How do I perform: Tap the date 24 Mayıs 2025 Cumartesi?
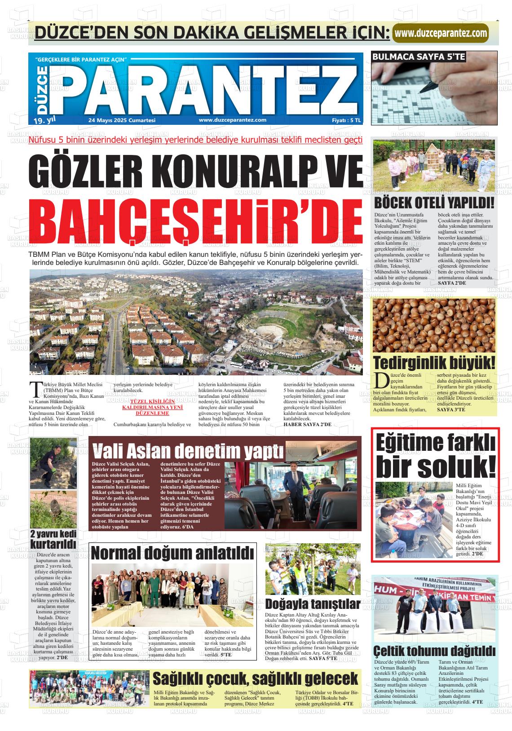click(x=122, y=120)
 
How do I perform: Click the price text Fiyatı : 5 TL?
click(x=346, y=120)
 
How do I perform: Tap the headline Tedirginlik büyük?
click(x=434, y=362)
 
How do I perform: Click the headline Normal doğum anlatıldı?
click(x=173, y=553)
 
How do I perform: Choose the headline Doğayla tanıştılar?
click(x=313, y=603)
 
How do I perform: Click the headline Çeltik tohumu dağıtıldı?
click(x=434, y=651)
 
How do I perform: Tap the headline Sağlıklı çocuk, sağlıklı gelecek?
click(x=255, y=678)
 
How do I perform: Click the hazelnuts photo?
click(x=434, y=325)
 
